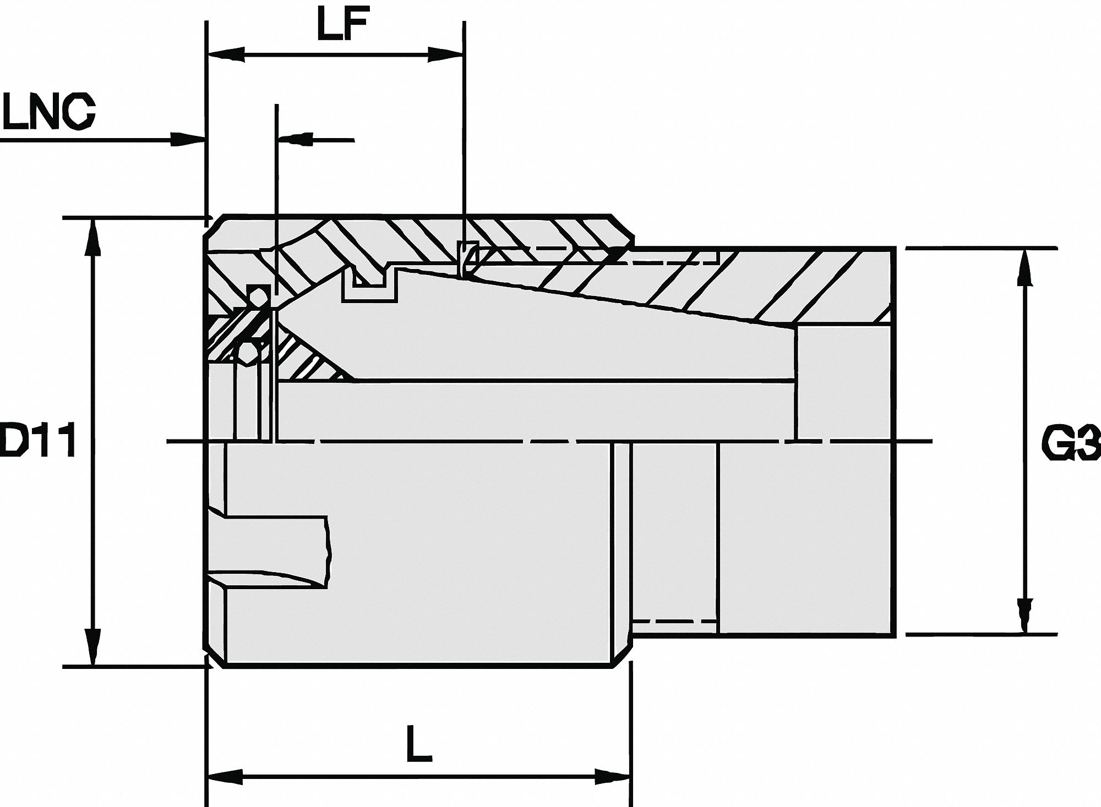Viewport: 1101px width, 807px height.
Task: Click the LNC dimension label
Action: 48,112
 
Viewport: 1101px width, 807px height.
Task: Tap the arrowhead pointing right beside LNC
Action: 186,139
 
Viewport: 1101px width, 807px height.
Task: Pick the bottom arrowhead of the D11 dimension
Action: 94,648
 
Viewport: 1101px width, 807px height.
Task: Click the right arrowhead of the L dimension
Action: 612,777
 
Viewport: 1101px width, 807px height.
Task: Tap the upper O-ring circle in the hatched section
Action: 257,297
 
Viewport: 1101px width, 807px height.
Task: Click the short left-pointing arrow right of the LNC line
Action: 297,139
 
